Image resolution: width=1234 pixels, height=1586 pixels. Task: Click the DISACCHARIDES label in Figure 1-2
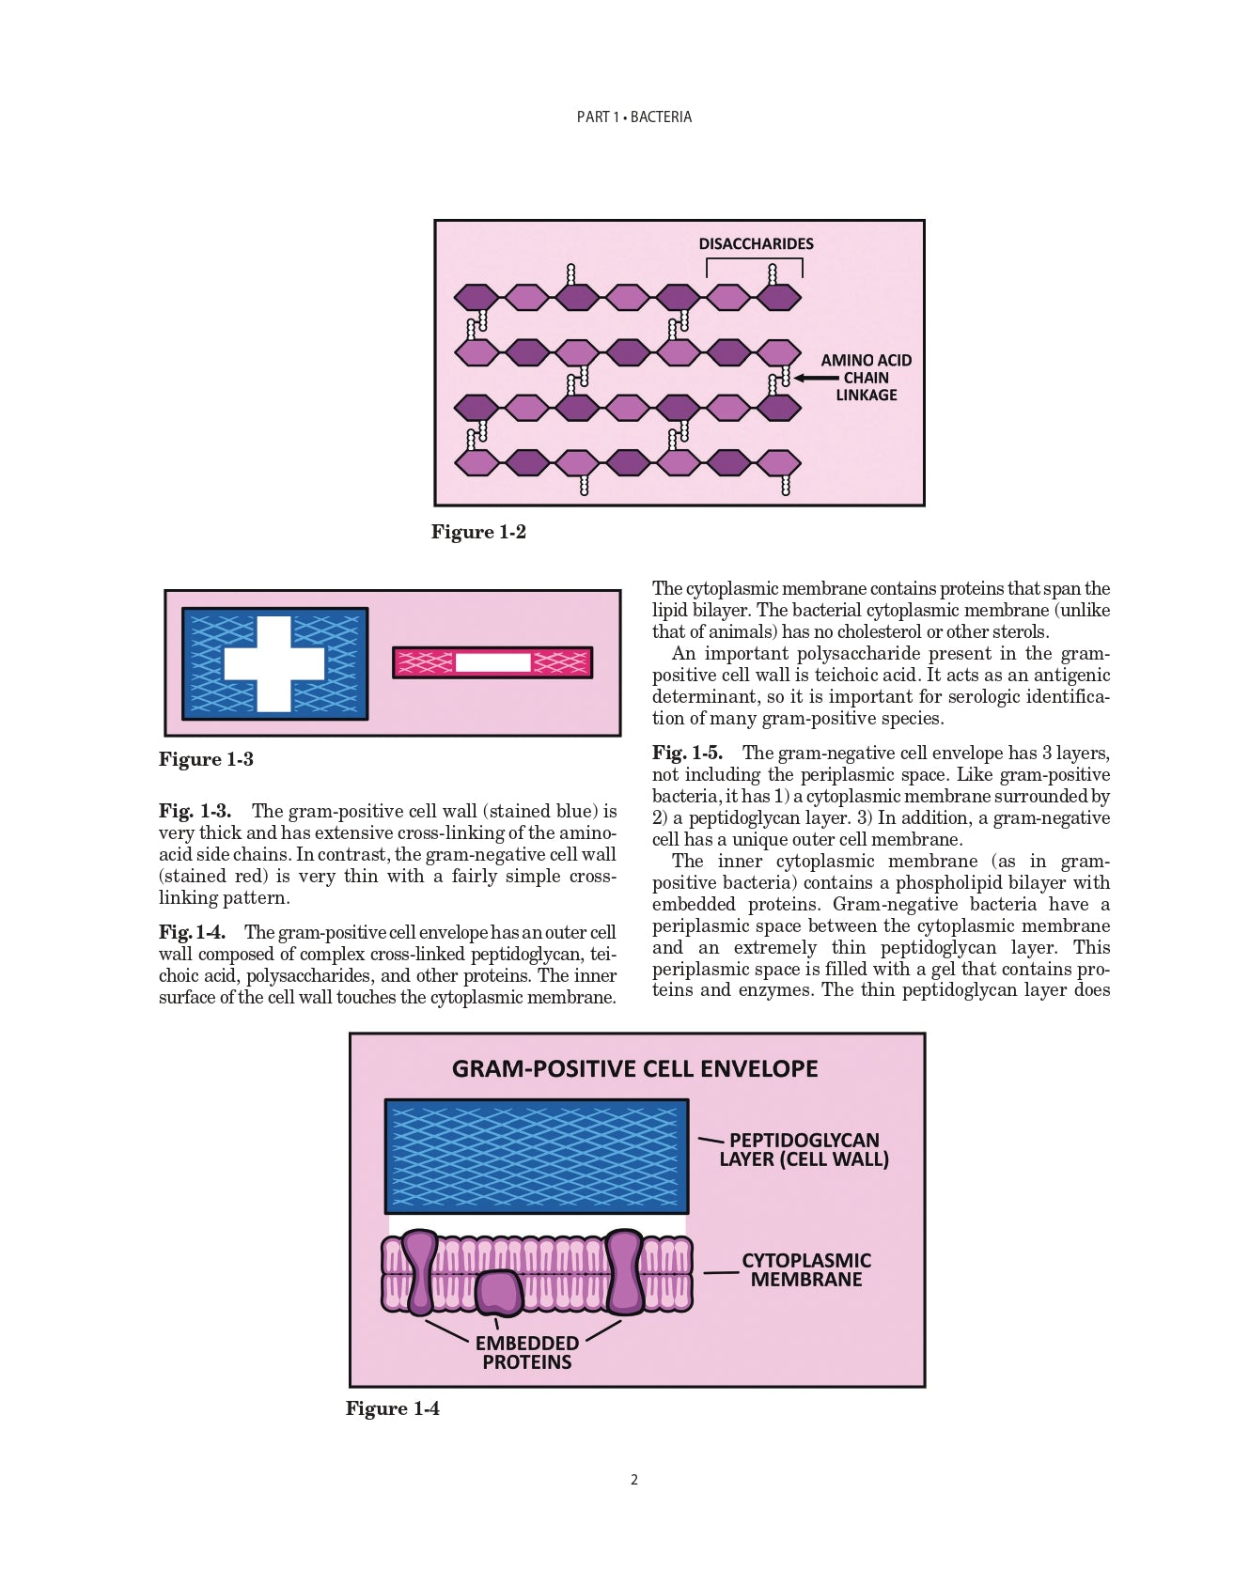[756, 243]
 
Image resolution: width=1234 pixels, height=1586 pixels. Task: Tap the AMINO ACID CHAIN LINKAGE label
[866, 378]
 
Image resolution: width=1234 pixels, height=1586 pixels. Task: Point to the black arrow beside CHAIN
[815, 378]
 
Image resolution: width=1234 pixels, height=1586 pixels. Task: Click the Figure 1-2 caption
[478, 532]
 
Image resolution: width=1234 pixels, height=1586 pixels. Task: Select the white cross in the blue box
[274, 663]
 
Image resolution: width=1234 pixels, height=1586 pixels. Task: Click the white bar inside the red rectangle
[493, 662]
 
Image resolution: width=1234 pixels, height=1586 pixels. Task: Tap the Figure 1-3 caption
[206, 759]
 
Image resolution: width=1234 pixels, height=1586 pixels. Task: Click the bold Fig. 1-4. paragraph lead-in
[192, 932]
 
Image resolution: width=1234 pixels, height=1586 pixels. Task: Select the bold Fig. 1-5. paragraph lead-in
[687, 753]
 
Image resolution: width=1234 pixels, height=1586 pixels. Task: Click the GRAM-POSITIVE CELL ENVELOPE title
[635, 1069]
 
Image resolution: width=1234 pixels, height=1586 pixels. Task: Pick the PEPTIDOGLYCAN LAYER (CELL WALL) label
[804, 1150]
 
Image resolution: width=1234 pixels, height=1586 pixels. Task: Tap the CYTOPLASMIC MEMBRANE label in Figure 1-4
[806, 1269]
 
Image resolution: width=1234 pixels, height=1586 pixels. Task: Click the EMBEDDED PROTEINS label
[526, 1352]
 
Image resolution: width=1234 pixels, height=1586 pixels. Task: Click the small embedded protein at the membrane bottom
[498, 1293]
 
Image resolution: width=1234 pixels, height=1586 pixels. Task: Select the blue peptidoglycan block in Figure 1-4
[537, 1156]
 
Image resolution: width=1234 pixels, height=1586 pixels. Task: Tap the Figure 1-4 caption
[393, 1408]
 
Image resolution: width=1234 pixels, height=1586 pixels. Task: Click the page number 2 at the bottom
[634, 1480]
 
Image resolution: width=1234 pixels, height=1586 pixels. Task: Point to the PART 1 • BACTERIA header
[634, 117]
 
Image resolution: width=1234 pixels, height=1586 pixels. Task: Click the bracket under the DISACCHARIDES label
[755, 259]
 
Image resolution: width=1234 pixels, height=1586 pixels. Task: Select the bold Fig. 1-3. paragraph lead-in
[195, 811]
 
